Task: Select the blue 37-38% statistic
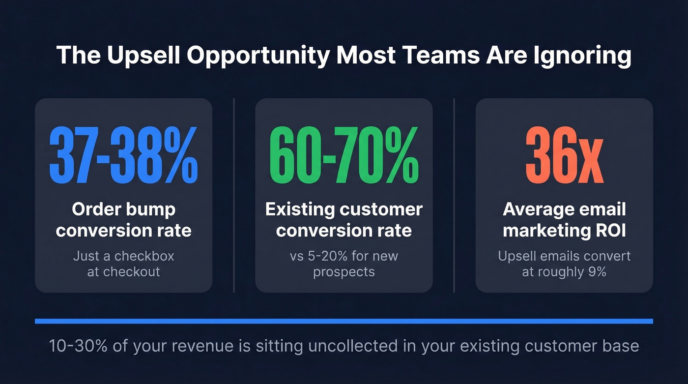(123, 155)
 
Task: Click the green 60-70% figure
(344, 155)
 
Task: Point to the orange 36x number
(564, 155)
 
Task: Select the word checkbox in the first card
(144, 256)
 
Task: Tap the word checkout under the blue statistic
(131, 271)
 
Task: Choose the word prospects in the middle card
(344, 271)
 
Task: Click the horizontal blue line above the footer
(344, 321)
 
